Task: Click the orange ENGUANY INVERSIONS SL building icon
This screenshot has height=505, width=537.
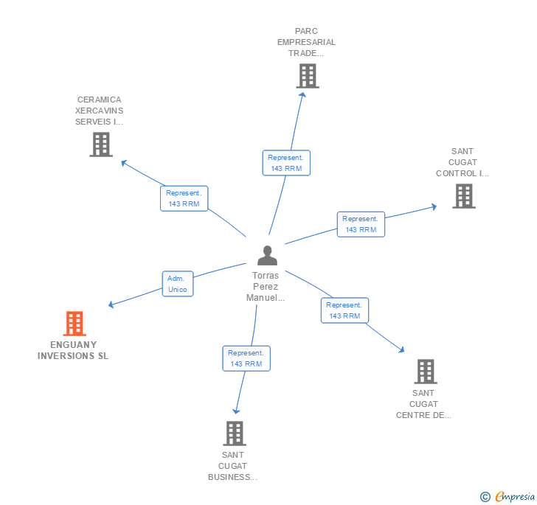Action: tap(75, 323)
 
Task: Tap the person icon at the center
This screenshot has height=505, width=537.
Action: tap(267, 255)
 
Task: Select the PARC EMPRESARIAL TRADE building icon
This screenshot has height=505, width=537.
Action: tap(308, 75)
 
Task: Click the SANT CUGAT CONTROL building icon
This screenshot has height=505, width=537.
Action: tap(463, 195)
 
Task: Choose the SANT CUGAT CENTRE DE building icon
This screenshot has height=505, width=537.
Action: tap(425, 371)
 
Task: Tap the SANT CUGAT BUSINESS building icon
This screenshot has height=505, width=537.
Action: tap(234, 433)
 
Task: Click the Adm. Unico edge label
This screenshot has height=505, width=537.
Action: tap(178, 284)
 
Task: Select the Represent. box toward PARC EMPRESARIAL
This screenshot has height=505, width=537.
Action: tap(286, 163)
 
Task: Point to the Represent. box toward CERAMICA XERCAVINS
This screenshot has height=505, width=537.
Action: tap(184, 198)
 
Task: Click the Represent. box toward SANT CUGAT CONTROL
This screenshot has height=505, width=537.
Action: tap(361, 224)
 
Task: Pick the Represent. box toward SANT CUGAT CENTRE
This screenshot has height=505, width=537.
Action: tap(344, 310)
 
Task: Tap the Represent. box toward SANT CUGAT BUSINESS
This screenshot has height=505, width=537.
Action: tap(246, 358)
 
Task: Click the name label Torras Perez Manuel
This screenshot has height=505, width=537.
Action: tap(266, 286)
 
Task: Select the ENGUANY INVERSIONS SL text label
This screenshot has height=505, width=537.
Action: tap(73, 350)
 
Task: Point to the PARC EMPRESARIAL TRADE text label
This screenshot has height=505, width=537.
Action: tap(306, 42)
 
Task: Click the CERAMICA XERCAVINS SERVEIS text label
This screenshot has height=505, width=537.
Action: tap(99, 111)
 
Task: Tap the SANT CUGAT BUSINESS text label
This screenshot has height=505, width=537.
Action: tap(233, 466)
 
